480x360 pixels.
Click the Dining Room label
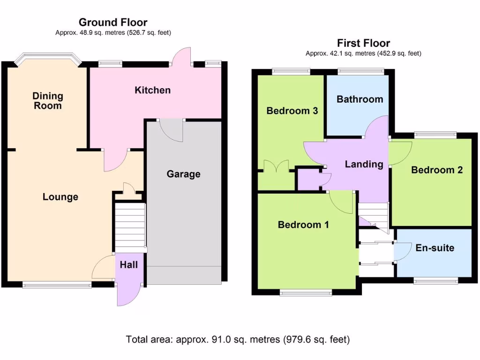[x=47, y=101]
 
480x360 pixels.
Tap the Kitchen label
[x=153, y=90]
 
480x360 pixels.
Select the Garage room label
[x=183, y=174]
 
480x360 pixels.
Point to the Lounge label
[x=60, y=197]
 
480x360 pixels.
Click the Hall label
[x=129, y=265]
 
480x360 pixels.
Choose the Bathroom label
[x=360, y=99]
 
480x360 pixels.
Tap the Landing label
[x=364, y=164]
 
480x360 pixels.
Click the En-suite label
[x=435, y=248]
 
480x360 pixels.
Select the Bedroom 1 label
[x=303, y=225]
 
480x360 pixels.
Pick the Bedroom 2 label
[x=437, y=170]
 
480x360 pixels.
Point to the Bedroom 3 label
[x=292, y=111]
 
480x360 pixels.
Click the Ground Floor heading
[x=113, y=22]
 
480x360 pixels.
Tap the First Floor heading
[x=363, y=43]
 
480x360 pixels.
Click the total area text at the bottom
[x=238, y=339]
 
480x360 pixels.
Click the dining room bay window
[x=47, y=60]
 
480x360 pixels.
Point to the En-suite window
[x=435, y=280]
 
